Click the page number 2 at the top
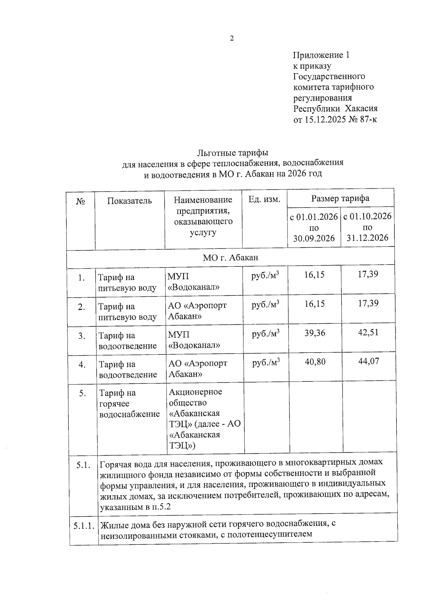232,38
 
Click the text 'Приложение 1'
321,55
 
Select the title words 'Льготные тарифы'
232,153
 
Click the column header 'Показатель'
130,201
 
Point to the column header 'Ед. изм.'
264,199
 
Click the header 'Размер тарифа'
340,198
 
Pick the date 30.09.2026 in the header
314,238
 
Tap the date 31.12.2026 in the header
367,238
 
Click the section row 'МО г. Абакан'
230,257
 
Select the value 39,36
315,333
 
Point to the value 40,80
315,362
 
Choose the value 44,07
369,361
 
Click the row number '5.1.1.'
84,526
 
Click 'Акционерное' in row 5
195,392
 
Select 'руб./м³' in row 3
265,334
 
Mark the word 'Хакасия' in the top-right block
362,108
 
